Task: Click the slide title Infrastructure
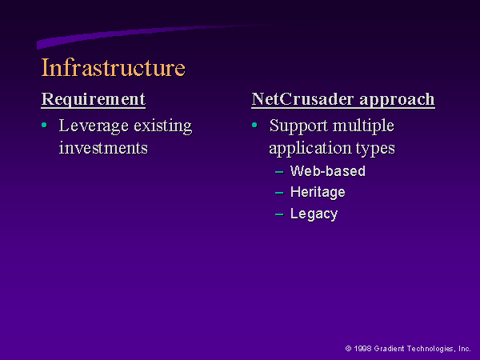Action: pyautogui.click(x=114, y=67)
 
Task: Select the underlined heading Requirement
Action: pyautogui.click(x=94, y=99)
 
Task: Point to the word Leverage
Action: pyautogui.click(x=94, y=126)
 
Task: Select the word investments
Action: pyautogui.click(x=103, y=148)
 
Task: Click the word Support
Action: pyautogui.click(x=298, y=126)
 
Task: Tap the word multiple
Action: pyautogui.click(x=363, y=126)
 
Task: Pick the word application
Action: pyautogui.click(x=310, y=149)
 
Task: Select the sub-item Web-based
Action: pyautogui.click(x=328, y=171)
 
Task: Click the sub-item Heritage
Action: pyautogui.click(x=318, y=193)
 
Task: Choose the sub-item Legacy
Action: pyautogui.click(x=314, y=214)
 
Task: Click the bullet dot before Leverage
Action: pyautogui.click(x=44, y=125)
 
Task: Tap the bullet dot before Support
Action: pyautogui.click(x=254, y=125)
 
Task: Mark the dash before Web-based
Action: pyautogui.click(x=279, y=172)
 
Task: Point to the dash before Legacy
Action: pyautogui.click(x=279, y=214)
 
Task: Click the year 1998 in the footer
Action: pyautogui.click(x=362, y=349)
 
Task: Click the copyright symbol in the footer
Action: pyautogui.click(x=348, y=349)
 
